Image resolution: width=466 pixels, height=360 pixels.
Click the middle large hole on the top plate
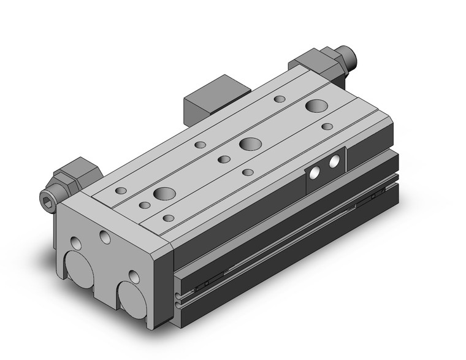[x=249, y=145]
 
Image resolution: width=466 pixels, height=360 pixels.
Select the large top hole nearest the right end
[x=318, y=106]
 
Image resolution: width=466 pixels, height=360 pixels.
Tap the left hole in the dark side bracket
[x=315, y=174]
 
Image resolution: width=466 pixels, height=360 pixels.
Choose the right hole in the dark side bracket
[x=334, y=163]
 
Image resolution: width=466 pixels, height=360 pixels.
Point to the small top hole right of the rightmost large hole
[x=327, y=126]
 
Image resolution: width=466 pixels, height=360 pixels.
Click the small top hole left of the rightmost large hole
[x=280, y=99]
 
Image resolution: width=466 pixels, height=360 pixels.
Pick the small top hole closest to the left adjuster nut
[x=121, y=191]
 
